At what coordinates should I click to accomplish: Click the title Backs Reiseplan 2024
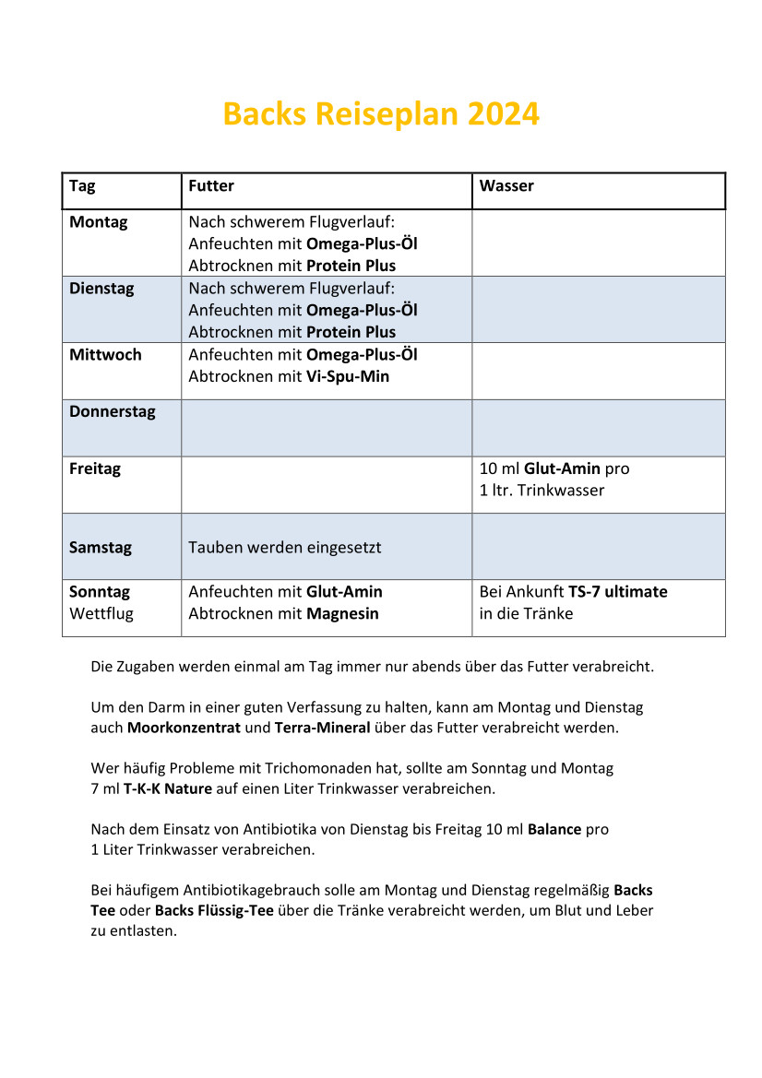pos(381,114)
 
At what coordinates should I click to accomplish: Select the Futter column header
pos(211,186)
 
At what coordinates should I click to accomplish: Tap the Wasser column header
pos(506,186)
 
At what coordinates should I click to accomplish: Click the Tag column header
pos(82,186)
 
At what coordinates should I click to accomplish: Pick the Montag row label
pos(99,222)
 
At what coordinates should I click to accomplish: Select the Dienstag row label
pos(101,289)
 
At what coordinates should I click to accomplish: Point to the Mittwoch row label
pos(105,355)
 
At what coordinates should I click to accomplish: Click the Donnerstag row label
pos(113,412)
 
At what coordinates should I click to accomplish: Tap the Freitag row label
pos(95,468)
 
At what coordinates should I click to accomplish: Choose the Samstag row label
pos(101,548)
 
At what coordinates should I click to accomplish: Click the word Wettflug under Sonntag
pos(101,614)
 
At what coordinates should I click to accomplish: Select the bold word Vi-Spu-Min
pos(348,377)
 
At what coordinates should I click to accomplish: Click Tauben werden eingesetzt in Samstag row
pos(285,548)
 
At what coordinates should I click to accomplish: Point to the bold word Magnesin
pos(342,614)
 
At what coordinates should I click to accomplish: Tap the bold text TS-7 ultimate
pos(617,592)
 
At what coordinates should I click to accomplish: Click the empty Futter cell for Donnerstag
pos(327,428)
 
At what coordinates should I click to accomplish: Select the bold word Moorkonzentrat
pos(185,728)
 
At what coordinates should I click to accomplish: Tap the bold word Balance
pos(554,829)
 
